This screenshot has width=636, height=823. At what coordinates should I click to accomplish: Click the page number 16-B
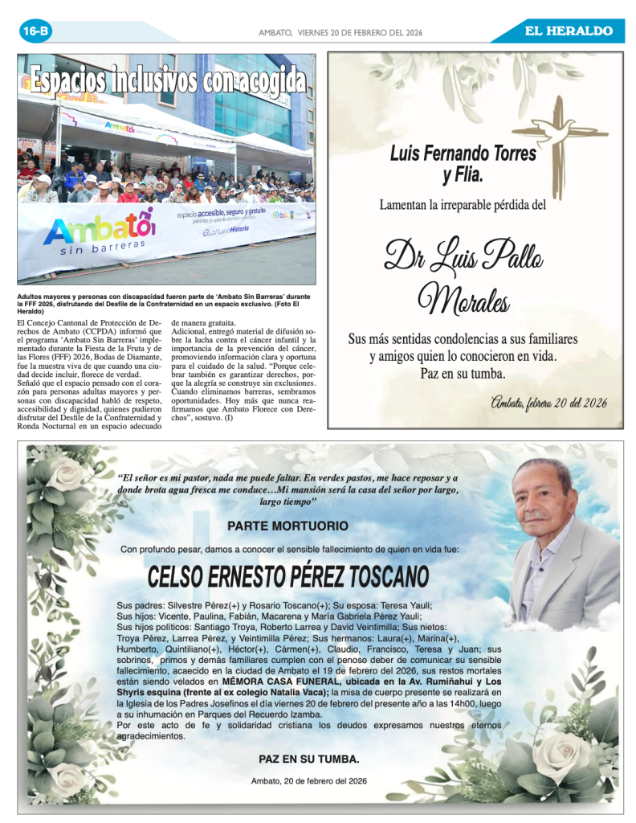click(x=36, y=31)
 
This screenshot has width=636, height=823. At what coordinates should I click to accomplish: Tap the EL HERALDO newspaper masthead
click(x=569, y=31)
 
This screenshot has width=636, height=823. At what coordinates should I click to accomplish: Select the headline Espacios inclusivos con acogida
click(x=168, y=80)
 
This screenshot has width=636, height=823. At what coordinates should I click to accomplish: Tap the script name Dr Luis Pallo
click(x=463, y=256)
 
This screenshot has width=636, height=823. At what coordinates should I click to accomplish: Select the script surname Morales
click(x=463, y=301)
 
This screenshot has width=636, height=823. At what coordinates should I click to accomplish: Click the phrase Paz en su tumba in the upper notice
click(x=463, y=374)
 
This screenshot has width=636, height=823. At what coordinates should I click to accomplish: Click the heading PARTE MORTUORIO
click(x=287, y=526)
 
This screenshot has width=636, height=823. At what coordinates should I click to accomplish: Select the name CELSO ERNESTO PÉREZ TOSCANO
click(x=288, y=576)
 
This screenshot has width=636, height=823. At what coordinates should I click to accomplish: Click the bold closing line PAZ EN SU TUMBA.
click(x=309, y=759)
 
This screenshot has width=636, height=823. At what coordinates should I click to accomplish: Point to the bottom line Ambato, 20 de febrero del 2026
click(x=309, y=780)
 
